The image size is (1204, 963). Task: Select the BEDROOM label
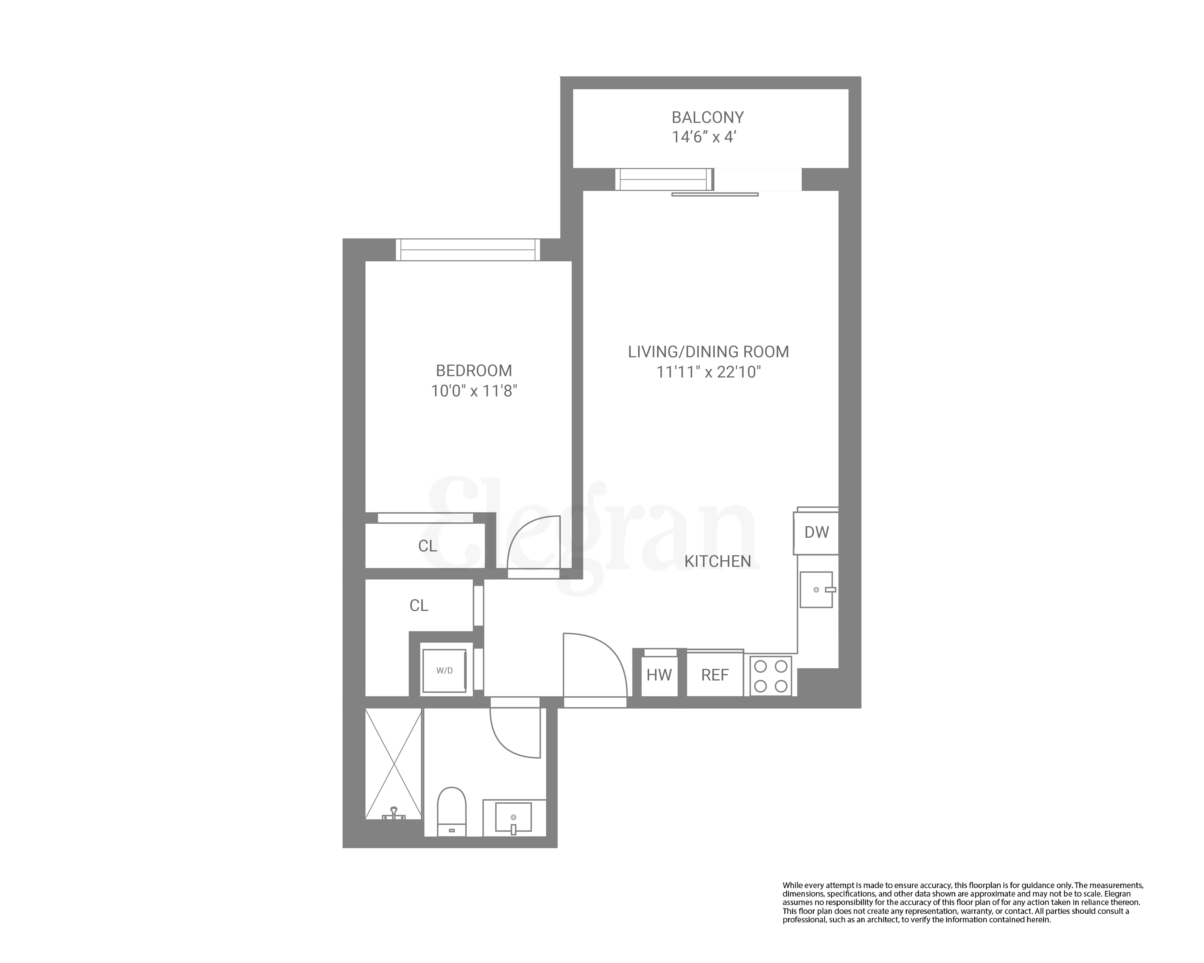point(474,371)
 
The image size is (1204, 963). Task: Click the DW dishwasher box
point(816,533)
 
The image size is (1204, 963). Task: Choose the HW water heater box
point(659,675)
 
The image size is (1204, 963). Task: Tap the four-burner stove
point(771,675)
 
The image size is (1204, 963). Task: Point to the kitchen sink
point(816,590)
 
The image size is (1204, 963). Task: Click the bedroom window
point(467,250)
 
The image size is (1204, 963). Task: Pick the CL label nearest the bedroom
point(427,546)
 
